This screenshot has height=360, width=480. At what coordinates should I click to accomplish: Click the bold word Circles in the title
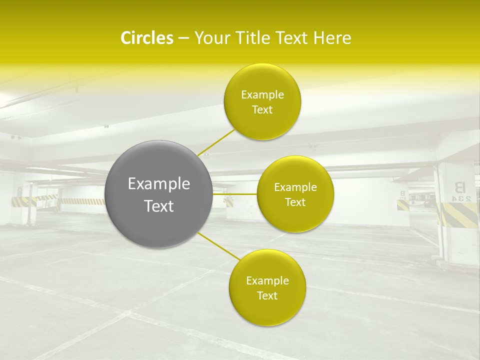[x=146, y=38]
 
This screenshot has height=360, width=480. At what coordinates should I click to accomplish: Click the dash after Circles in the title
[x=183, y=38]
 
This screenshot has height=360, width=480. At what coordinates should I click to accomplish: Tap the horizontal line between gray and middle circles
[x=234, y=194]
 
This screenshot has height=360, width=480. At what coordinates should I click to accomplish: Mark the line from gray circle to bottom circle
[x=219, y=247]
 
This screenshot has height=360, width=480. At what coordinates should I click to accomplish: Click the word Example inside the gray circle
[x=159, y=184]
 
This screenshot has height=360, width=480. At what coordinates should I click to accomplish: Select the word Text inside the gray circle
[x=159, y=206]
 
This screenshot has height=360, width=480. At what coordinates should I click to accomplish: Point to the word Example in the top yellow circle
[x=262, y=95]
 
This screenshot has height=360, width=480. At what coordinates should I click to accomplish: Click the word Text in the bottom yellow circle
[x=267, y=295]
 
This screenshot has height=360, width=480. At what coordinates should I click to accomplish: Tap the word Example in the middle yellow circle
[x=295, y=187]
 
